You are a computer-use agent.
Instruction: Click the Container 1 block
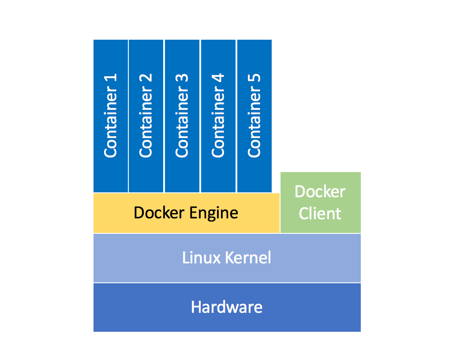coord(110,116)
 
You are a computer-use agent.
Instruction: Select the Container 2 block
coord(146,116)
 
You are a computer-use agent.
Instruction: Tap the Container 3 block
coord(182,116)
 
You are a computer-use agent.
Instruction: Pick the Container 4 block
coord(218,116)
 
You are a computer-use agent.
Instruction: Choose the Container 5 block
coord(254,116)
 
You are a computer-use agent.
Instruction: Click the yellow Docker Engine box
coord(186,213)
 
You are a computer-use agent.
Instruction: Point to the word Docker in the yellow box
coord(159,213)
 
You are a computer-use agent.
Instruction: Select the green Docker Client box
coord(320,202)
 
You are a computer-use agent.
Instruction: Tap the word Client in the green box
coord(320,214)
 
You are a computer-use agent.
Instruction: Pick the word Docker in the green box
coord(320,192)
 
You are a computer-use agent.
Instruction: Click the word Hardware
coord(227,307)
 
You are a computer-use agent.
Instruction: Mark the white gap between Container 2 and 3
coord(164,116)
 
